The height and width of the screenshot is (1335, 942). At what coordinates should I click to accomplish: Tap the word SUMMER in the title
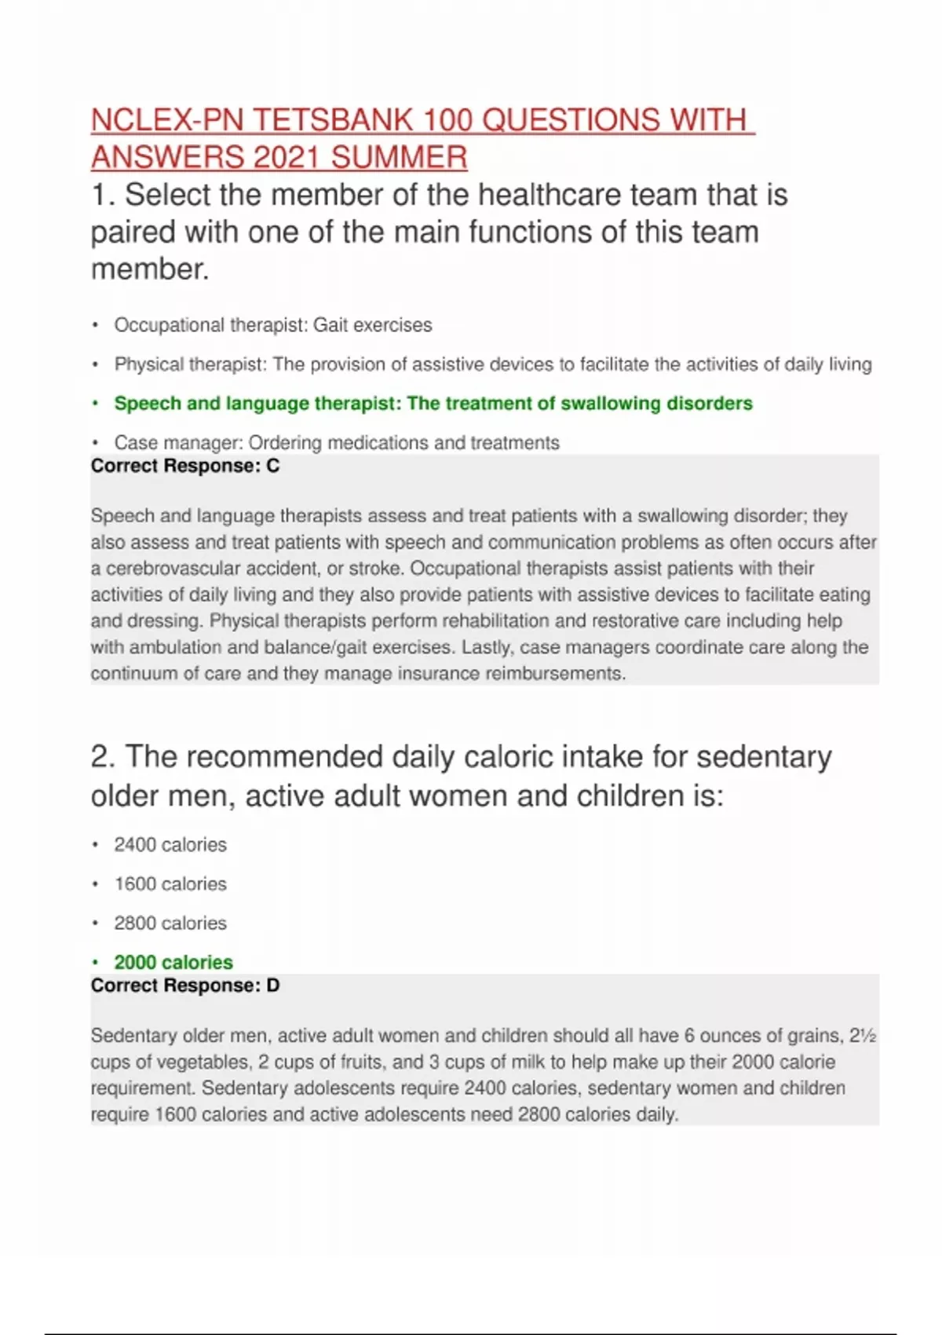coord(399,157)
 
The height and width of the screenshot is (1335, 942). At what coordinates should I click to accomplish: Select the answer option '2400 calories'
coord(170,845)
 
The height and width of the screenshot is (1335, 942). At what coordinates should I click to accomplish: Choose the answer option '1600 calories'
coord(170,884)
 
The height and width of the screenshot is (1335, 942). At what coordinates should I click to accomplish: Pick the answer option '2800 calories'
coord(170,924)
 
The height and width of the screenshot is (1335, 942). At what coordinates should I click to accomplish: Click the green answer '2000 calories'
coord(173,963)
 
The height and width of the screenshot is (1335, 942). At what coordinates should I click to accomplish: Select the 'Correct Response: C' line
coord(185,466)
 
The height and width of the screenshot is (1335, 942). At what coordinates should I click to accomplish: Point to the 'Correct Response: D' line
coord(185,986)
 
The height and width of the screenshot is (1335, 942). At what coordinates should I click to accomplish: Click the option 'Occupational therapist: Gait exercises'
coord(273,325)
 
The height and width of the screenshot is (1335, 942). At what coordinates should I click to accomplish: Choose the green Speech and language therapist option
coord(433,404)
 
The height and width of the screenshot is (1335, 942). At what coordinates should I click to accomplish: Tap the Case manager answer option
coord(337,443)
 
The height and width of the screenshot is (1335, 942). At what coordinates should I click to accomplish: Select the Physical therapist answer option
coord(493,364)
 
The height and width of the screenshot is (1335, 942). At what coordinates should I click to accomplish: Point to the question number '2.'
coord(104,757)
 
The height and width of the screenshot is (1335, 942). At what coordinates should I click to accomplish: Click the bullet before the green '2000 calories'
coord(95,963)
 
